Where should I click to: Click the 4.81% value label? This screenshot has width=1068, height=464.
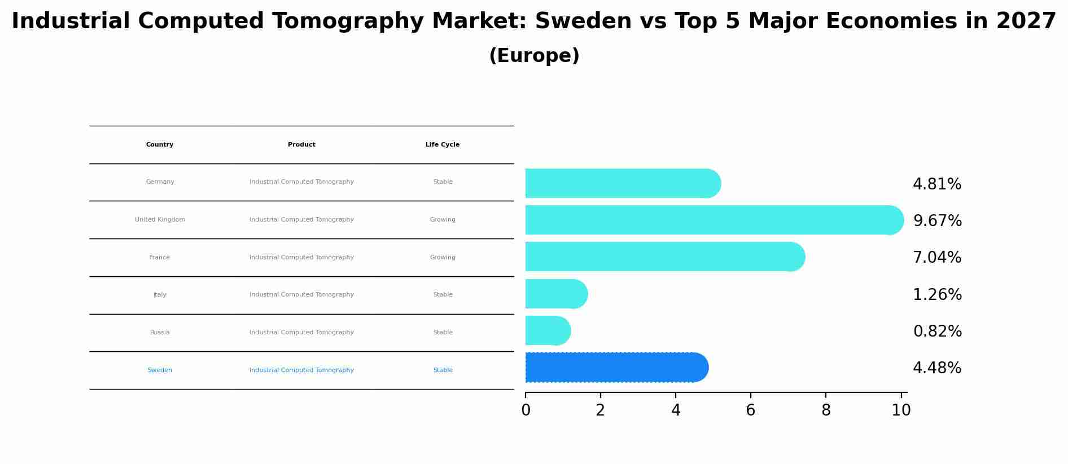pyautogui.click(x=937, y=184)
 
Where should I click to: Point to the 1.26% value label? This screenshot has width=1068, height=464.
pyautogui.click(x=937, y=294)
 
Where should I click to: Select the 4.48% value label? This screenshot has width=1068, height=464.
pyautogui.click(x=937, y=368)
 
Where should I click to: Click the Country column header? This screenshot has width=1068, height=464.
pyautogui.click(x=160, y=145)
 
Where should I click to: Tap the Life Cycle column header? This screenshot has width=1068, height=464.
pyautogui.click(x=443, y=145)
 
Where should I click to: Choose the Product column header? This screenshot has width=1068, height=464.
pyautogui.click(x=301, y=145)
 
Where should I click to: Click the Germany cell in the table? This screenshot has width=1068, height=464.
pyautogui.click(x=160, y=182)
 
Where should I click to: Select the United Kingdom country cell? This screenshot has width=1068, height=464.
pyautogui.click(x=160, y=220)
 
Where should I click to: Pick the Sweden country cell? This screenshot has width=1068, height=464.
pyautogui.click(x=160, y=370)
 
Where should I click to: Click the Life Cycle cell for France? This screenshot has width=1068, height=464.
pyautogui.click(x=443, y=258)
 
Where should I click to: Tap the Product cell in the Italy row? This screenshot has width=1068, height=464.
pyautogui.click(x=301, y=295)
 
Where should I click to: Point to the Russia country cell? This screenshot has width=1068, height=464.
pyautogui.click(x=160, y=333)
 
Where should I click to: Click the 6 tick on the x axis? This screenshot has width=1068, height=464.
pyautogui.click(x=750, y=410)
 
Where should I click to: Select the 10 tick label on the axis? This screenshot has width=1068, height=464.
pyautogui.click(x=901, y=410)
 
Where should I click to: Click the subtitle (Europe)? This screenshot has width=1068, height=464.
pyautogui.click(x=534, y=56)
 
